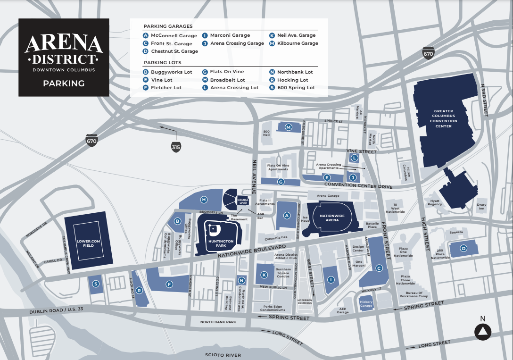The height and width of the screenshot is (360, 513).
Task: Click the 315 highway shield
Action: pyautogui.click(x=175, y=147)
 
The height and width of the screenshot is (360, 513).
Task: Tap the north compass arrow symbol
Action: pyautogui.click(x=482, y=332)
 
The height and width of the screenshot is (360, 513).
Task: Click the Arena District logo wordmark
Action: pyautogui.click(x=64, y=50)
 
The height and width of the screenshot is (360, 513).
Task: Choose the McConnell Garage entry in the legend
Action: pyautogui.click(x=170, y=35)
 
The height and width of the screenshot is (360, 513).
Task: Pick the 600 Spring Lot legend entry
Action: pyautogui.click(x=292, y=88)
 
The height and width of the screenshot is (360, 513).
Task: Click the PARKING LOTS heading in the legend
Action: pyautogui.click(x=163, y=63)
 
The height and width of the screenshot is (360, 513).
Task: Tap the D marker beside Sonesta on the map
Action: pyautogui.click(x=463, y=249)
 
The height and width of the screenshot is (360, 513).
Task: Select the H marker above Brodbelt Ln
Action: pyautogui.click(x=204, y=200)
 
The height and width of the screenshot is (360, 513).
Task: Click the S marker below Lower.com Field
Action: pyautogui.click(x=96, y=284)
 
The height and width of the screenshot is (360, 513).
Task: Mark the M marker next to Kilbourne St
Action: pyautogui.click(x=288, y=126)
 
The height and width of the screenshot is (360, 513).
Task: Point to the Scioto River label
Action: pyautogui.click(x=223, y=355)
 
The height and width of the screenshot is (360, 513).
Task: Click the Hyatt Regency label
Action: pyautogui.click(x=434, y=202)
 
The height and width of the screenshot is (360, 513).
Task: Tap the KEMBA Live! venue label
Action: pyautogui.click(x=243, y=201)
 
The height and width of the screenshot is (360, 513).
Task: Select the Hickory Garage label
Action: pyautogui.click(x=366, y=303)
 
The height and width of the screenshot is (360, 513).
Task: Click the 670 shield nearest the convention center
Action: pyautogui.click(x=428, y=53)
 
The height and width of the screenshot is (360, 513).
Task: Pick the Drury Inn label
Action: pyautogui.click(x=481, y=207)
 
